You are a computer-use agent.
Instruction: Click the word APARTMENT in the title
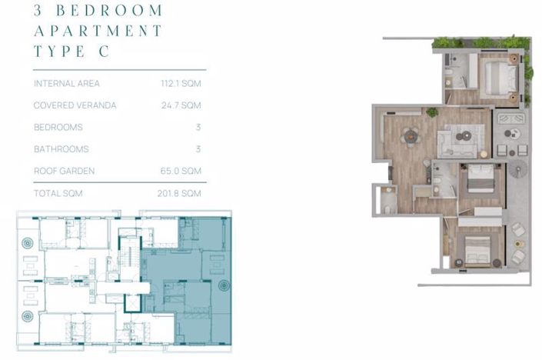[x=98, y=31]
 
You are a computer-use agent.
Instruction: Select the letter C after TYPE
[x=103, y=52]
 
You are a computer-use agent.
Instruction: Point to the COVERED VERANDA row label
[x=75, y=105]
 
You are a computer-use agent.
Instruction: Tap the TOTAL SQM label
[x=58, y=193]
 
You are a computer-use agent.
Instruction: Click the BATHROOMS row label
[x=61, y=149]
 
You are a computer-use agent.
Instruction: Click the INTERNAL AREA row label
[x=67, y=83]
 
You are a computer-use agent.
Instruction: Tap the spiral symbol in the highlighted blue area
[x=224, y=285]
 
